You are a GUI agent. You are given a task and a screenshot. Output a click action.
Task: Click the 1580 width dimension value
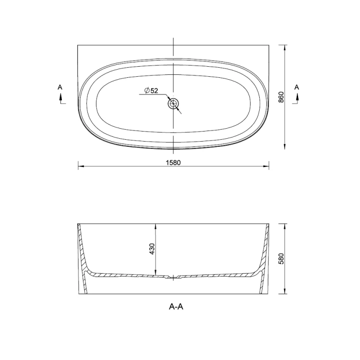pos(173,163)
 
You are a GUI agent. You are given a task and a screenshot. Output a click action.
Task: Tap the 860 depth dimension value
pos(281,97)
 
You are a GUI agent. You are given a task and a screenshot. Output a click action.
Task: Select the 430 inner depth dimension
pos(152,249)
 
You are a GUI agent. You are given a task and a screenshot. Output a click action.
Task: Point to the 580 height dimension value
pos(281,259)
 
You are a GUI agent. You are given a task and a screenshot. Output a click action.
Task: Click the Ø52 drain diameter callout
pos(151,90)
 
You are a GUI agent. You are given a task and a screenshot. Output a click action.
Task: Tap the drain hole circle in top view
pos(173,104)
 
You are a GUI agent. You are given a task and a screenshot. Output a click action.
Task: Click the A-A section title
pos(176,307)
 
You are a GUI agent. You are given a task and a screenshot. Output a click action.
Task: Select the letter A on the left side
pos(60,87)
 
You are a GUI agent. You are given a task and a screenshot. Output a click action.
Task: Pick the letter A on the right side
pos(297,87)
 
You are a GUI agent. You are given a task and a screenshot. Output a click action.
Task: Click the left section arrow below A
pos(61,98)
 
